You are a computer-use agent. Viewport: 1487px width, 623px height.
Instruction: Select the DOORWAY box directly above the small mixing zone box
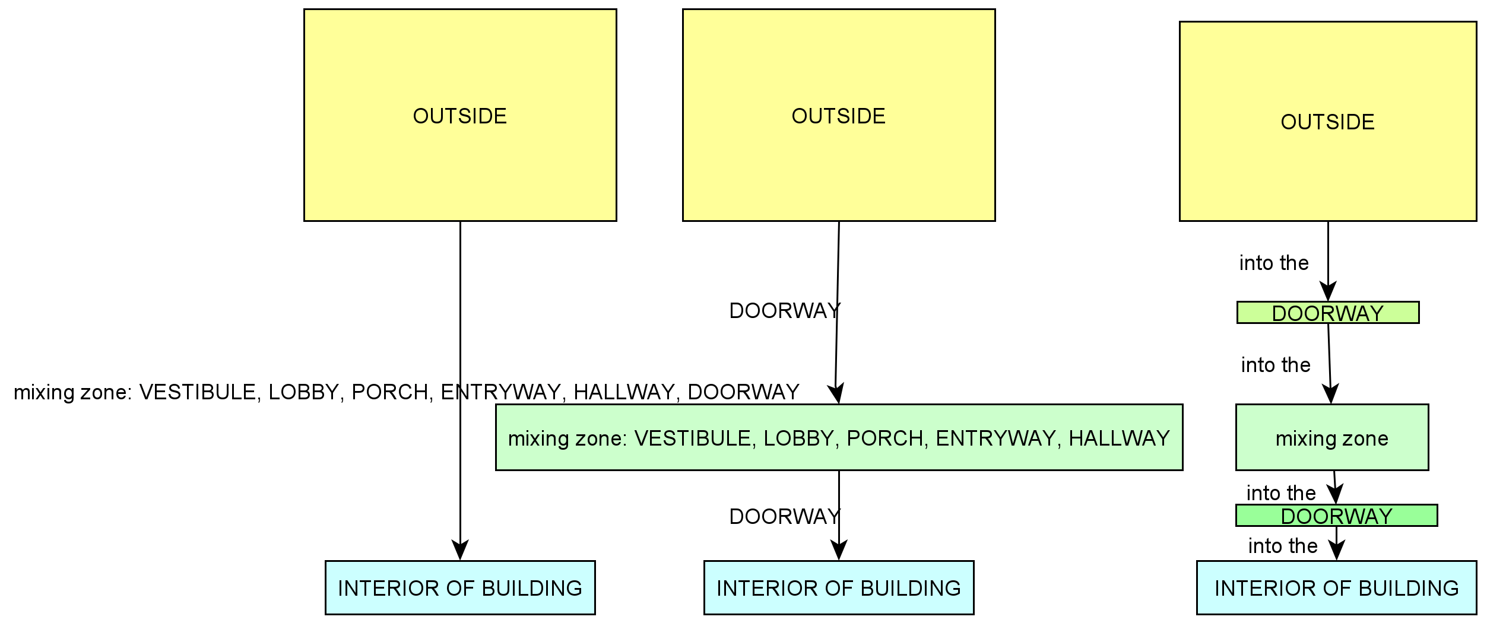tap(1328, 313)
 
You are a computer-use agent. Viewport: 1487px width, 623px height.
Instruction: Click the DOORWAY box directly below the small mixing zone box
tap(1337, 515)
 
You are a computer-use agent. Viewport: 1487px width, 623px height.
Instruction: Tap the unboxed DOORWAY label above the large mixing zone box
tap(784, 310)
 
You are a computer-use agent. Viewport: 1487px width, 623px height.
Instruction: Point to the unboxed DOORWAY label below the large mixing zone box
tap(784, 516)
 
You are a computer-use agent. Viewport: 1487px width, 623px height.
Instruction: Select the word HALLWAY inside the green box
tap(1119, 438)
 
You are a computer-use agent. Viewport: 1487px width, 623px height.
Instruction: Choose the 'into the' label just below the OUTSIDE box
tap(1274, 263)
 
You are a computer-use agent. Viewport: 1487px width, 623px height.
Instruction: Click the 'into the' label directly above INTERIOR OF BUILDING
tap(1283, 545)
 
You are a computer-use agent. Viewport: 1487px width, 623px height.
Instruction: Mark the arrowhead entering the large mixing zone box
tap(836, 395)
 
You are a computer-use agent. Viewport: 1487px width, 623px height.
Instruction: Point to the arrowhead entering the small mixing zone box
tap(1331, 395)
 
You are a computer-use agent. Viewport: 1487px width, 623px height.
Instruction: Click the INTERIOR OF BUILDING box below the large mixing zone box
tap(839, 587)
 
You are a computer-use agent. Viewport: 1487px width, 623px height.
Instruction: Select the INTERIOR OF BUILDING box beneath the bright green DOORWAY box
tap(1337, 587)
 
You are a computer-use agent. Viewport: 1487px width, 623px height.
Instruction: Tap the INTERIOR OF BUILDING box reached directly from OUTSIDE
tap(460, 587)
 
